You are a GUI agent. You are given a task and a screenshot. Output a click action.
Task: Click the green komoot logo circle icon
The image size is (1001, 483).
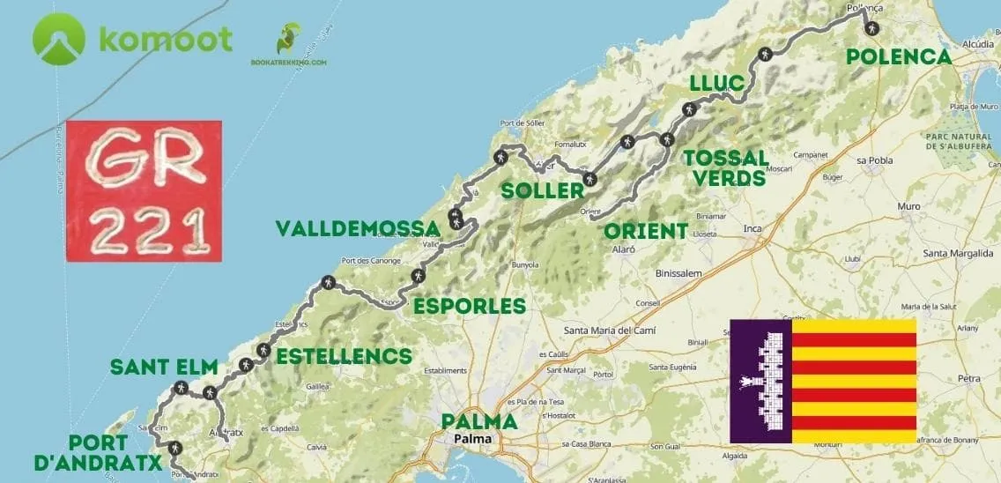[x=58, y=40]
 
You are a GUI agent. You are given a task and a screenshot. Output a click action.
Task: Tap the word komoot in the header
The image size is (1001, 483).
[x=166, y=40]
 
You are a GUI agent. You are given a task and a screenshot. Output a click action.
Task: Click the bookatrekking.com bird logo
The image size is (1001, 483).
[x=288, y=40]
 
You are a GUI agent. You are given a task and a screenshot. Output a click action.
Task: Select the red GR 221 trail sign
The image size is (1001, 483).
[x=144, y=190]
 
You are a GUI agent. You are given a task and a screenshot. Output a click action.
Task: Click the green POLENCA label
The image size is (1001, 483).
[x=898, y=57]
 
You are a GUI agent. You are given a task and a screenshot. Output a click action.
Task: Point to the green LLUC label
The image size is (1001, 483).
[x=717, y=83]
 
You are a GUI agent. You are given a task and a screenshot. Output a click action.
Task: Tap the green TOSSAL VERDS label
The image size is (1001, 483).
[x=725, y=167]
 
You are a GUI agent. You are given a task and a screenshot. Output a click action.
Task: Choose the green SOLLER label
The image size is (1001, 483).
[x=543, y=190]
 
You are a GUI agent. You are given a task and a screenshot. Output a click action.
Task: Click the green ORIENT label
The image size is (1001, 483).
[x=646, y=231]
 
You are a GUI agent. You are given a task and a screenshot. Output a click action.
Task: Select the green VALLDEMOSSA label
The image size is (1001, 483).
[x=358, y=228]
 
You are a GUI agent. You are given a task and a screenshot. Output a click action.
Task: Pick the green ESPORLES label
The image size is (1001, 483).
[x=470, y=306]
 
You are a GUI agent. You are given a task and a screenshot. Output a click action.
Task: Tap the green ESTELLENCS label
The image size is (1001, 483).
[x=344, y=356]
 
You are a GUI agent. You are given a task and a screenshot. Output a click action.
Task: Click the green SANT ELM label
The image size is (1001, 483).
[x=164, y=367]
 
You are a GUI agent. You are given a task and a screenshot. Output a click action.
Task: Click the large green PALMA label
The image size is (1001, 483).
[x=479, y=421]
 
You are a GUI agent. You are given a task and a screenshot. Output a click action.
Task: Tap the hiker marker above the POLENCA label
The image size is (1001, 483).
[x=871, y=29]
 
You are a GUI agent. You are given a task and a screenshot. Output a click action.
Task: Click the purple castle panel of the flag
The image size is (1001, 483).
[x=761, y=381]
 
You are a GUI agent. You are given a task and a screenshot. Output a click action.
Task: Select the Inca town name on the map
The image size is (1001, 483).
[x=752, y=229]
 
